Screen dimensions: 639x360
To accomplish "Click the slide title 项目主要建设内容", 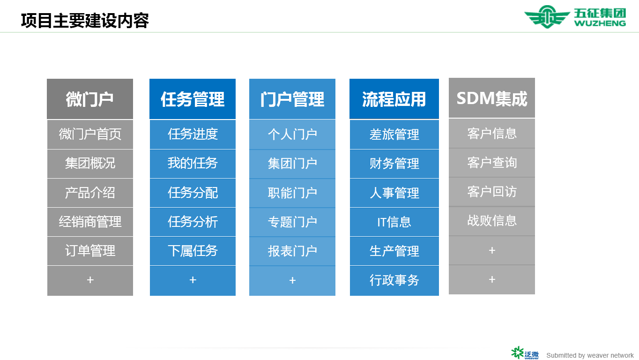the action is (x=85, y=21).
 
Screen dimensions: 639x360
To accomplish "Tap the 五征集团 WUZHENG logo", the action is (x=575, y=17).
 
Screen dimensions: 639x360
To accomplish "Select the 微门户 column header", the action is (x=90, y=99).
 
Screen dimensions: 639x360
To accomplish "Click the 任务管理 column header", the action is (x=193, y=99).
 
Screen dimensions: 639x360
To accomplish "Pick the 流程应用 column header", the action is (x=394, y=99).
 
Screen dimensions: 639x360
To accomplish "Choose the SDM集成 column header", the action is (x=492, y=98).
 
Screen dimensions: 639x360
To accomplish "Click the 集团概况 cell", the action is (x=90, y=164).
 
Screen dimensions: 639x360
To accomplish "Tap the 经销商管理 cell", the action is (x=90, y=222).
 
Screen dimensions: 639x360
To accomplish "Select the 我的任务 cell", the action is (x=193, y=164).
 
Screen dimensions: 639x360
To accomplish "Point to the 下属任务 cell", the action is (x=193, y=251).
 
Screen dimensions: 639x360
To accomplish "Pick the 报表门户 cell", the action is (x=292, y=251).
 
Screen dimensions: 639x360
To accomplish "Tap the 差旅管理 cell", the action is (x=394, y=135).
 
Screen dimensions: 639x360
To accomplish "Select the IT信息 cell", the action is (x=394, y=222).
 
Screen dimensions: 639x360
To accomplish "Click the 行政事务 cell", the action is (x=394, y=280).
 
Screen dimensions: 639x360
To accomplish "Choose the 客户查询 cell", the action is (x=492, y=163).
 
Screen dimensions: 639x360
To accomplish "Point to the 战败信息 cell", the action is (x=492, y=221).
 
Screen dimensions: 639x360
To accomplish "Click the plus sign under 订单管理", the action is (x=90, y=280).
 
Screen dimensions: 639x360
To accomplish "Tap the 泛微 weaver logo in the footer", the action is (x=525, y=353).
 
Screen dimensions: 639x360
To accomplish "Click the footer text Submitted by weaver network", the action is (x=590, y=355).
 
